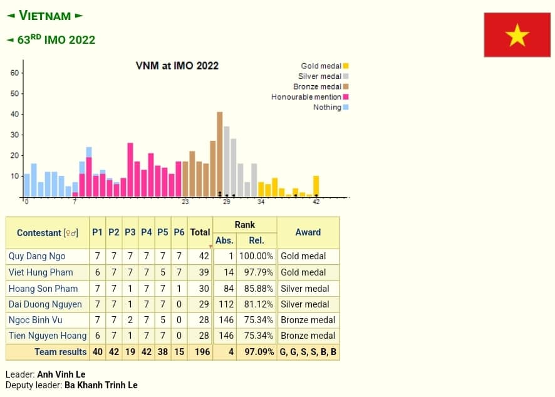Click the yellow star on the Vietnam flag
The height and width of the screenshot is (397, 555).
click(517, 35)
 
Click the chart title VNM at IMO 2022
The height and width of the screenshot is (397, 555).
click(177, 66)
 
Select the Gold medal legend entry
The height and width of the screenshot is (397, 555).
click(321, 66)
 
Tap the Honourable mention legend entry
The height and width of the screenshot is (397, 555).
click(306, 97)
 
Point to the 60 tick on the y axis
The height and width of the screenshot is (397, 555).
click(14, 73)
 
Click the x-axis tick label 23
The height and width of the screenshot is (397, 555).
click(185, 202)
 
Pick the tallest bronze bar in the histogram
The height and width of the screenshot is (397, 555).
click(220, 153)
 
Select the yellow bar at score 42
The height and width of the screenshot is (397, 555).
click(316, 185)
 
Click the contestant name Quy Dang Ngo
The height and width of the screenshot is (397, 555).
click(37, 256)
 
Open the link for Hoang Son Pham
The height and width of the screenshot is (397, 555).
click(43, 289)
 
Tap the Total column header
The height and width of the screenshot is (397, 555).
click(200, 232)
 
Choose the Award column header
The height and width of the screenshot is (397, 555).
click(308, 232)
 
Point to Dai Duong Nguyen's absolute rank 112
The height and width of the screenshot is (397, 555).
click(225, 305)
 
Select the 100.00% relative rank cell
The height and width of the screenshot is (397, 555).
click(256, 256)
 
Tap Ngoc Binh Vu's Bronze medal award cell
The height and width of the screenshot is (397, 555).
click(308, 321)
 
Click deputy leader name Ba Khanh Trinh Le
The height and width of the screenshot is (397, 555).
click(101, 385)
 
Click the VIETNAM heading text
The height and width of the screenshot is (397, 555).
click(45, 16)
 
